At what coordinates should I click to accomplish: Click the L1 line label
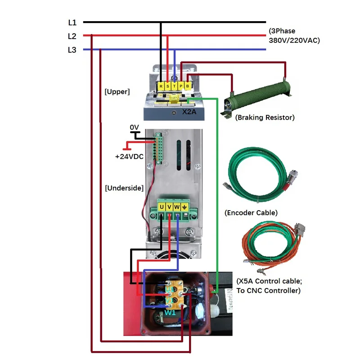72,22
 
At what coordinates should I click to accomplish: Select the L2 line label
72,36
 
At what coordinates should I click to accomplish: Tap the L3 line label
72,50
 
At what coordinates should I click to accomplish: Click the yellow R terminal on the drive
161,85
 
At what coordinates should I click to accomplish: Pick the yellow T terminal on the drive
175,85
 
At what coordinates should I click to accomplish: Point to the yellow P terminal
181,85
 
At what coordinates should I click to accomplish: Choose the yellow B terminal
188,85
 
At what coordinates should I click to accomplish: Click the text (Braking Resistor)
265,117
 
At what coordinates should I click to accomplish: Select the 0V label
135,128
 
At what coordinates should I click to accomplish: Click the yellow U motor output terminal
162,207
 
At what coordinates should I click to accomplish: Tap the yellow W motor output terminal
177,207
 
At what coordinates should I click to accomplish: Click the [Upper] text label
117,91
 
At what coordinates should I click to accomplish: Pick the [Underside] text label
124,188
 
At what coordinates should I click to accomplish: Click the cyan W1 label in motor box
170,312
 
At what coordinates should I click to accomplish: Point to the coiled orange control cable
265,245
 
